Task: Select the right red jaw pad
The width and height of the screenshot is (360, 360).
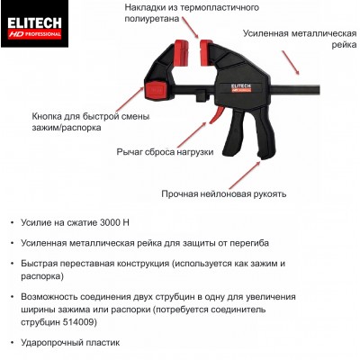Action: (x=205, y=52)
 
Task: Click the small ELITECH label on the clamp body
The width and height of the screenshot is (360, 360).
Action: (x=241, y=87)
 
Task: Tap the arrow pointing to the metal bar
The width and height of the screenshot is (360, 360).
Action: (x=291, y=62)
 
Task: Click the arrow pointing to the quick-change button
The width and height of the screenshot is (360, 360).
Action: (x=130, y=99)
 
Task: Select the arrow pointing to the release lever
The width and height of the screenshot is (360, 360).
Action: (x=191, y=135)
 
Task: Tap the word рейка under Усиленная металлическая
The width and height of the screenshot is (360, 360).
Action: (x=344, y=45)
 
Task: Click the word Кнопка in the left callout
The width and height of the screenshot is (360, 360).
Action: (x=47, y=116)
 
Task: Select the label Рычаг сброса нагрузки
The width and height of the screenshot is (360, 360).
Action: (x=165, y=152)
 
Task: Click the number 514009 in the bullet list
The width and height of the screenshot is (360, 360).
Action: (x=79, y=322)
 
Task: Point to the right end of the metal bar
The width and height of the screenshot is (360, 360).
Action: (x=319, y=90)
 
